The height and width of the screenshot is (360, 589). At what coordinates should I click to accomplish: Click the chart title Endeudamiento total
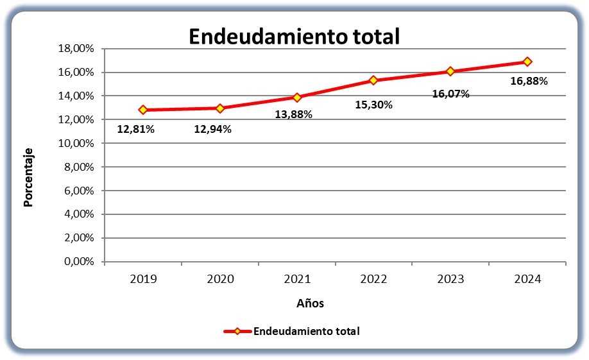pyautogui.click(x=294, y=37)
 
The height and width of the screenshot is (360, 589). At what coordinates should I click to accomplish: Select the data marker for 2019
pyautogui.click(x=142, y=110)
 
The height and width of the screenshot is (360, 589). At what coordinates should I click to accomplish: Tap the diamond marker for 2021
pyautogui.click(x=297, y=98)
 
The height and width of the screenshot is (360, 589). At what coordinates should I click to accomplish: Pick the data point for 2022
pyautogui.click(x=373, y=80)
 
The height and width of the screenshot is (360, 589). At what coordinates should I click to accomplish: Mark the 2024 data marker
pyautogui.click(x=527, y=61)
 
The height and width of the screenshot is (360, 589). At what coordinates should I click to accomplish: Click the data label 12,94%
pyautogui.click(x=212, y=129)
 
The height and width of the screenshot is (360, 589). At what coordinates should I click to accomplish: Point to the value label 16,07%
pyautogui.click(x=451, y=94)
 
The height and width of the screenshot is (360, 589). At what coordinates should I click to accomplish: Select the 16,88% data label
pyautogui.click(x=529, y=81)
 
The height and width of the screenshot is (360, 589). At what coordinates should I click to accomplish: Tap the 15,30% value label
pyautogui.click(x=374, y=105)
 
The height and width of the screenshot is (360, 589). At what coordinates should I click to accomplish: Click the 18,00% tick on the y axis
pyautogui.click(x=76, y=49)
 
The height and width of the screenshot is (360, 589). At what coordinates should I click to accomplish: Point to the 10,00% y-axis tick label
pyautogui.click(x=76, y=143)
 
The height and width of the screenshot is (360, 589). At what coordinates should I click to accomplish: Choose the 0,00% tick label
pyautogui.click(x=79, y=262)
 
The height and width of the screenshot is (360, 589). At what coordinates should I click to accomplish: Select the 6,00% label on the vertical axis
pyautogui.click(x=79, y=191)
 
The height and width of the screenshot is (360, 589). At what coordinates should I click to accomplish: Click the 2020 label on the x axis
pyautogui.click(x=221, y=279)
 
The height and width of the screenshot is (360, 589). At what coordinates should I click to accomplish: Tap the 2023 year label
pyautogui.click(x=451, y=279)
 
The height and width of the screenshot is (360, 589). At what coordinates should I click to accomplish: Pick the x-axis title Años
pyautogui.click(x=311, y=303)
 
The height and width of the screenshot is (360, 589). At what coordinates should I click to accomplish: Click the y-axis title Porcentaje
pyautogui.click(x=28, y=177)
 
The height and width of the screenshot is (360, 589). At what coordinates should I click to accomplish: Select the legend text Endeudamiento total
pyautogui.click(x=307, y=331)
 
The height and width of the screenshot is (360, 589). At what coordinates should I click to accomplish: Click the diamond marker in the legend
pyautogui.click(x=237, y=331)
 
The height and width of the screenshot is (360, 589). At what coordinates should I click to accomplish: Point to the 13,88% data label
pyautogui.click(x=294, y=114)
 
